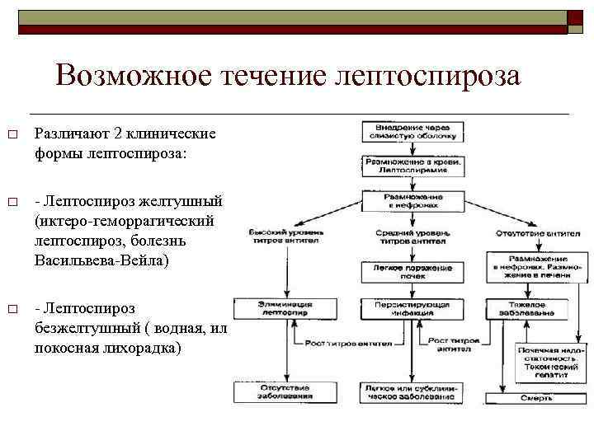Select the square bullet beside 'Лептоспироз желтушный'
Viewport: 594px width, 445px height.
pyautogui.click(x=13, y=202)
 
